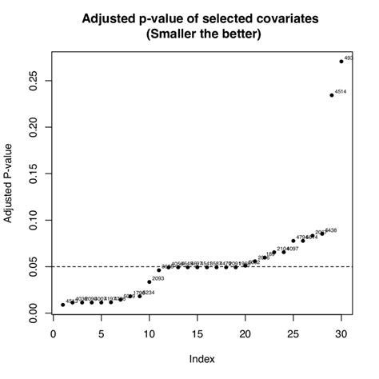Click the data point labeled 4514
[332, 95]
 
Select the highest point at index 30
[341, 62]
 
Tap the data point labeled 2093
[150, 281]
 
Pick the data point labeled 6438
[322, 233]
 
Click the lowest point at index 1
[63, 305]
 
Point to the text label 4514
[341, 92]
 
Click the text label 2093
[158, 278]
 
